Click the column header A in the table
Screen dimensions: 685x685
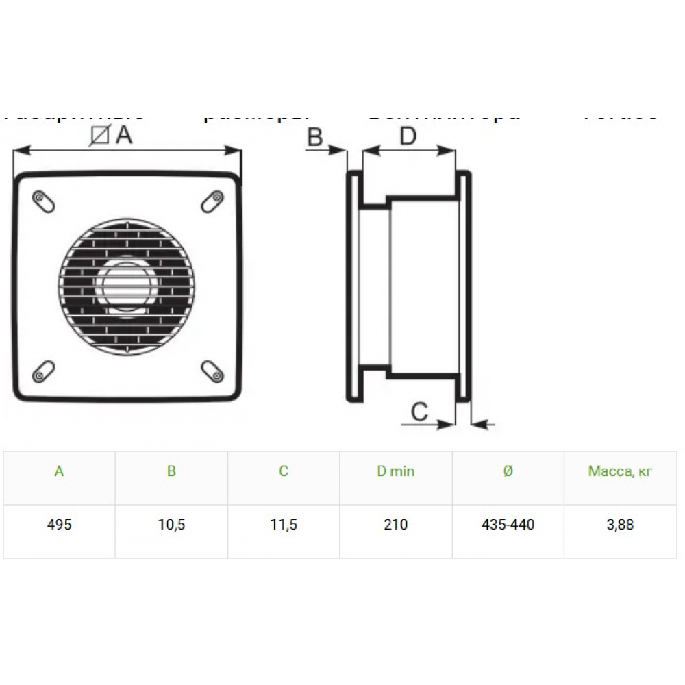(60, 471)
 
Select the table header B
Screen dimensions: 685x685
(171, 471)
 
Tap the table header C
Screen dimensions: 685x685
(284, 471)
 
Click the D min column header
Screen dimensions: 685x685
(396, 471)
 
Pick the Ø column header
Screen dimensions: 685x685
(508, 471)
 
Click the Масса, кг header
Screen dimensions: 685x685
(620, 471)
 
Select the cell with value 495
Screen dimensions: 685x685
(60, 525)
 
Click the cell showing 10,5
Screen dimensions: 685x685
(171, 525)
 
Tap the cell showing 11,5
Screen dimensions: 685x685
(284, 525)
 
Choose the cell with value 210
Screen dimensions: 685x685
(396, 525)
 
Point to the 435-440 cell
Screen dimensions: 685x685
(508, 525)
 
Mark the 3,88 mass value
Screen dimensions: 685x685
(620, 525)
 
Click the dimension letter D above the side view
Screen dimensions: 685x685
(408, 137)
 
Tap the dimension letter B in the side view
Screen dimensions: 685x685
(314, 138)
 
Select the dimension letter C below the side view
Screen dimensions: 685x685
(419, 411)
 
